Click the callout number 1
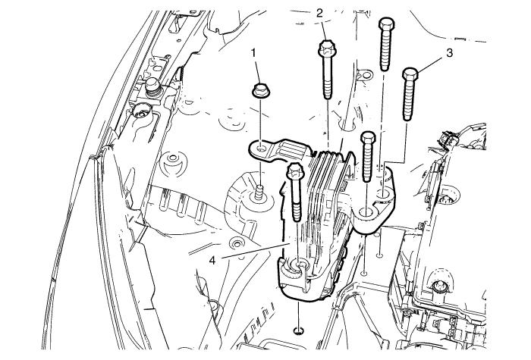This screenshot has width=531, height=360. (254, 52)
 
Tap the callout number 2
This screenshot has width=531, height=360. (320, 13)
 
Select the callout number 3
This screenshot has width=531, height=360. (449, 53)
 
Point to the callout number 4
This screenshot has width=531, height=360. (212, 261)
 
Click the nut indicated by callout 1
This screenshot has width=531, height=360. (261, 92)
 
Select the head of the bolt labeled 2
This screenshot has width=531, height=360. (326, 48)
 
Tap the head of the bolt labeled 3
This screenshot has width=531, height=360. (410, 74)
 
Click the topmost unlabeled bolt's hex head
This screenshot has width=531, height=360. (386, 24)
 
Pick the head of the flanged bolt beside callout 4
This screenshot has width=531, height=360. (294, 171)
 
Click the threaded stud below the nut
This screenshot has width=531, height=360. (260, 192)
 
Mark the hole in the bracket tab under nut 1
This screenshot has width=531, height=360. (261, 149)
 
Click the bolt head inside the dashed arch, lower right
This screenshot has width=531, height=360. (439, 286)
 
